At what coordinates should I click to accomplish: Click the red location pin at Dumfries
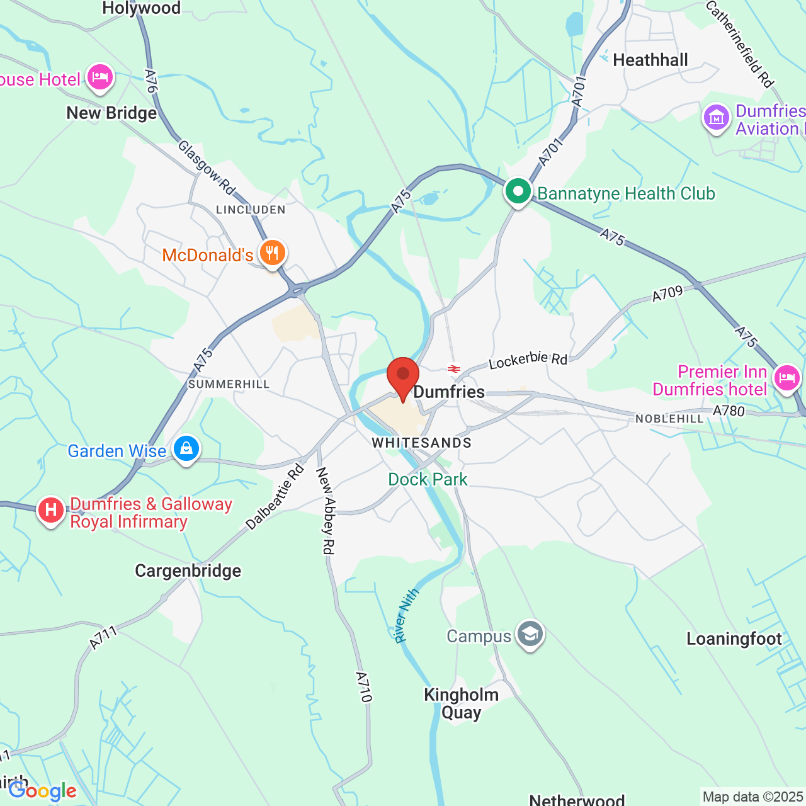[402, 376]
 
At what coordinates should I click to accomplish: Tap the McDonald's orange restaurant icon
[272, 253]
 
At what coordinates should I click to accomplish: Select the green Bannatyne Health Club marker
[518, 191]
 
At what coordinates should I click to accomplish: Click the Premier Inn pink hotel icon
[786, 378]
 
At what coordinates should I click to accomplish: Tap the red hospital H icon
[51, 510]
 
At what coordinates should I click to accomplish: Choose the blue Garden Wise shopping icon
[186, 449]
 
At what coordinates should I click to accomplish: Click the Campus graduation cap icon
[530, 635]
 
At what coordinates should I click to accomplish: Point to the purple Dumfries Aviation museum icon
[716, 117]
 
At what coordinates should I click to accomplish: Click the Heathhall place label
[650, 60]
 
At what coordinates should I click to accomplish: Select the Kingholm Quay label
[461, 703]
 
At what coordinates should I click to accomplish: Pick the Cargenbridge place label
[188, 570]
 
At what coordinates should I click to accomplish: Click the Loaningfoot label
[734, 639]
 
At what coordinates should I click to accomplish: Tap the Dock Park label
[428, 479]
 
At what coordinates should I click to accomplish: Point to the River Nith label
[406, 615]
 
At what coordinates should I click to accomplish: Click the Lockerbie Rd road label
[528, 360]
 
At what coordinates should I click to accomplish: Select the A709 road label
[667, 294]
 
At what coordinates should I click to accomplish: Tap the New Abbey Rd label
[325, 511]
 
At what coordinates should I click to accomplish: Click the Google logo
[42, 791]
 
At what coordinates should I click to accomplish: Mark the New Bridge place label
[111, 113]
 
